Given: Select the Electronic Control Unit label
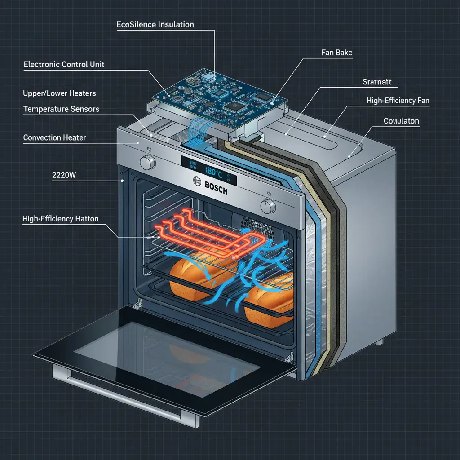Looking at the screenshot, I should pos(64,64).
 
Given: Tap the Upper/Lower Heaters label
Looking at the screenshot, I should pos(59,93).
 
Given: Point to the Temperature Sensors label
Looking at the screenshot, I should pos(61,109).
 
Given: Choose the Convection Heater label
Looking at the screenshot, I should pos(54,137).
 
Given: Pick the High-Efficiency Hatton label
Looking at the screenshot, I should pos(60,219).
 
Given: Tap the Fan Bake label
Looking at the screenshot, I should pos(337,53).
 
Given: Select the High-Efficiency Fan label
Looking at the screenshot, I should pos(398,101).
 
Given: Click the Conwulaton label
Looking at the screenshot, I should pos(401,121).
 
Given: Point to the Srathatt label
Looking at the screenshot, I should pos(377,82).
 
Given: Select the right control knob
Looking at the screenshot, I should pos(268,206).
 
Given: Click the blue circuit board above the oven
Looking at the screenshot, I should pos(220,95).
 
